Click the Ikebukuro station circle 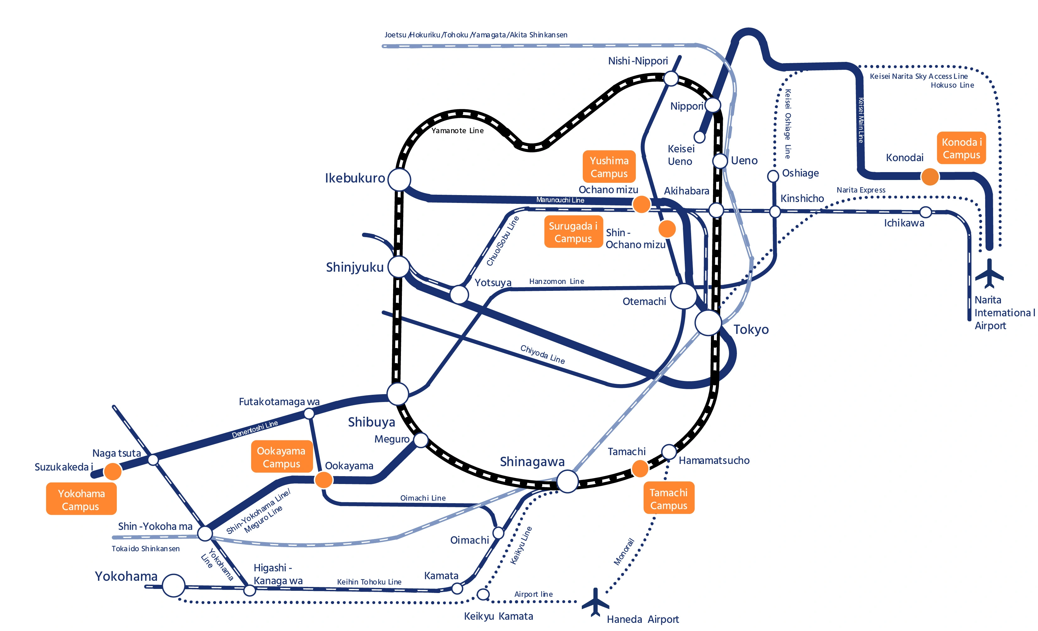[x=399, y=180]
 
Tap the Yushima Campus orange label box [x=609, y=166]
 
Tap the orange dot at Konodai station [x=930, y=177]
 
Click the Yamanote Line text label [x=457, y=131]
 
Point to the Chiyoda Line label [x=542, y=354]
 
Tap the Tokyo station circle [x=708, y=323]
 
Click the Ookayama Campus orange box [x=281, y=457]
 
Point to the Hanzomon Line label [x=556, y=281]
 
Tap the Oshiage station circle [x=773, y=176]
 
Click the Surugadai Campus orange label [x=573, y=232]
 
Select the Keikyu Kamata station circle [x=483, y=594]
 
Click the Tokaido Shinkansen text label [x=145, y=548]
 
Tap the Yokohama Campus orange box [x=81, y=499]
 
